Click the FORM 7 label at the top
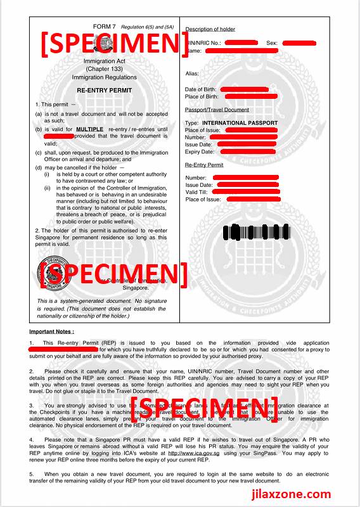point(105,26)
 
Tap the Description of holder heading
point(210,29)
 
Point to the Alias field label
point(192,74)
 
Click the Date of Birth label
point(202,89)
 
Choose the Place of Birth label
point(202,97)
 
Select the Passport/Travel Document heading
point(217,110)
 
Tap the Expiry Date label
point(200,151)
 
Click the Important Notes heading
point(51,331)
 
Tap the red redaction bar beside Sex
point(299,42)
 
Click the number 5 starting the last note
point(31,473)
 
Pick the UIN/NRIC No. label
point(203,42)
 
